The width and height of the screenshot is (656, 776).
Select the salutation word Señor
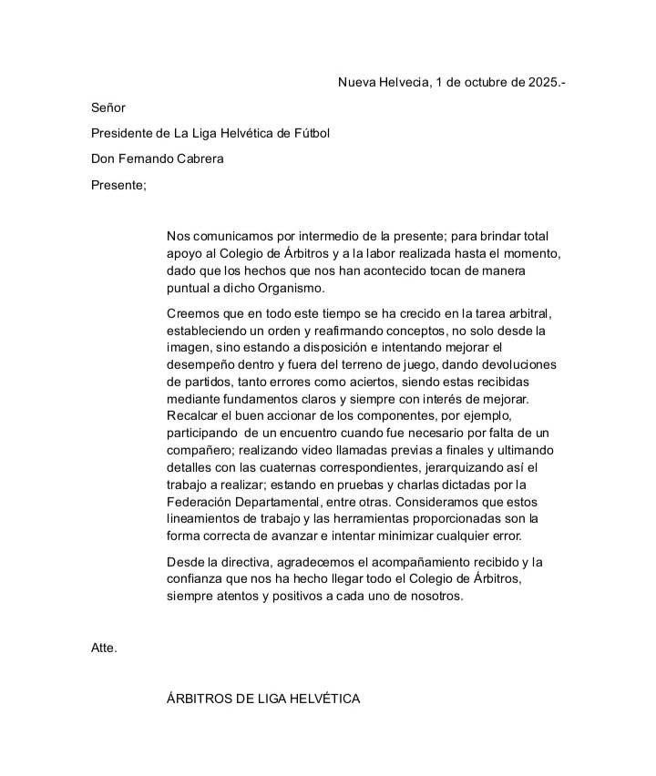coord(108,107)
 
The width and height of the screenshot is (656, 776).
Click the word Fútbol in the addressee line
coord(310,133)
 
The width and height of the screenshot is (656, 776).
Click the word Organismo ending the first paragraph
coord(292,288)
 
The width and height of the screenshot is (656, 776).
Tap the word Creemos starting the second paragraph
coord(193,313)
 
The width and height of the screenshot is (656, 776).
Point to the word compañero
coord(201,450)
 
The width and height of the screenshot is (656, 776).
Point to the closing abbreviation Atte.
coord(104,648)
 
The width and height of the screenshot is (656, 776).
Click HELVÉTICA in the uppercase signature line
coord(324,699)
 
